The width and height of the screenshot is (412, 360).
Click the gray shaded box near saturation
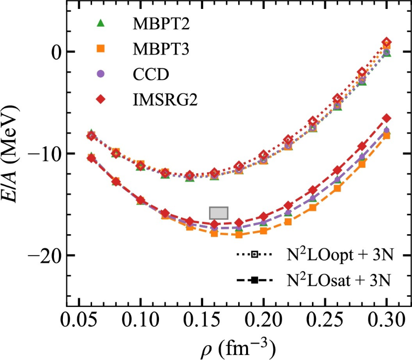click(218, 212)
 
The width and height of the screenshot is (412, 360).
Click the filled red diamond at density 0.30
click(387, 118)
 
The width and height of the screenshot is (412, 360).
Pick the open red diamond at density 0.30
click(387, 43)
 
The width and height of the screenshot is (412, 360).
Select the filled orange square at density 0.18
click(239, 235)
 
